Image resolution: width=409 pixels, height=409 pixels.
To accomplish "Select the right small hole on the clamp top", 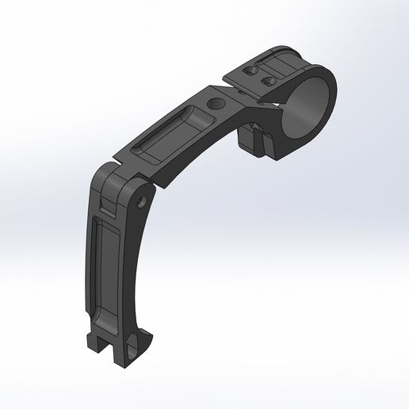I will (269, 81).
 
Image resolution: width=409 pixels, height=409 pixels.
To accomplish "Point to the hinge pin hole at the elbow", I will (143, 201).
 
